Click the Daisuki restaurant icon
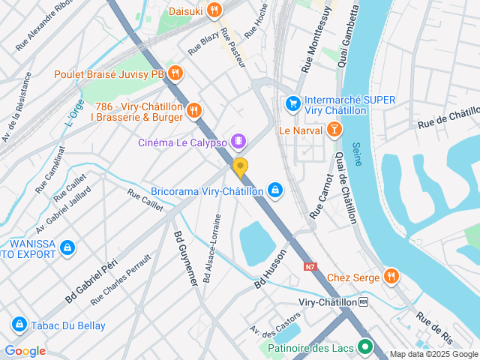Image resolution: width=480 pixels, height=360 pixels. pyautogui.click(x=214, y=10)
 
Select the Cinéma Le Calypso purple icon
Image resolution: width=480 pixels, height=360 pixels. pyautogui.click(x=238, y=141)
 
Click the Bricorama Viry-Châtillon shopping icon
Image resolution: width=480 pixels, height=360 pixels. pyautogui.click(x=275, y=190)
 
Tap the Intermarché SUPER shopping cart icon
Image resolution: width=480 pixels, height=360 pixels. pyautogui.click(x=292, y=102)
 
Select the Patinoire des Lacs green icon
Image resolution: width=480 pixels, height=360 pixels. pyautogui.click(x=365, y=347)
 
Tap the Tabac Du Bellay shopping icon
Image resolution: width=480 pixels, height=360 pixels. pyautogui.click(x=19, y=325)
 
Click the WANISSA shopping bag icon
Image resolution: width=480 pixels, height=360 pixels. pyautogui.click(x=67, y=247)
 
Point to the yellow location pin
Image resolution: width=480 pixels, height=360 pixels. pyautogui.click(x=240, y=167)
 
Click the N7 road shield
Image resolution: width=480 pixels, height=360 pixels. pyautogui.click(x=310, y=266)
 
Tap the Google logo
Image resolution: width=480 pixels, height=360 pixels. pyautogui.click(x=25, y=351)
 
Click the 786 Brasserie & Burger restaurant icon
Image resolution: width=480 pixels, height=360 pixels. pyautogui.click(x=194, y=111)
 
